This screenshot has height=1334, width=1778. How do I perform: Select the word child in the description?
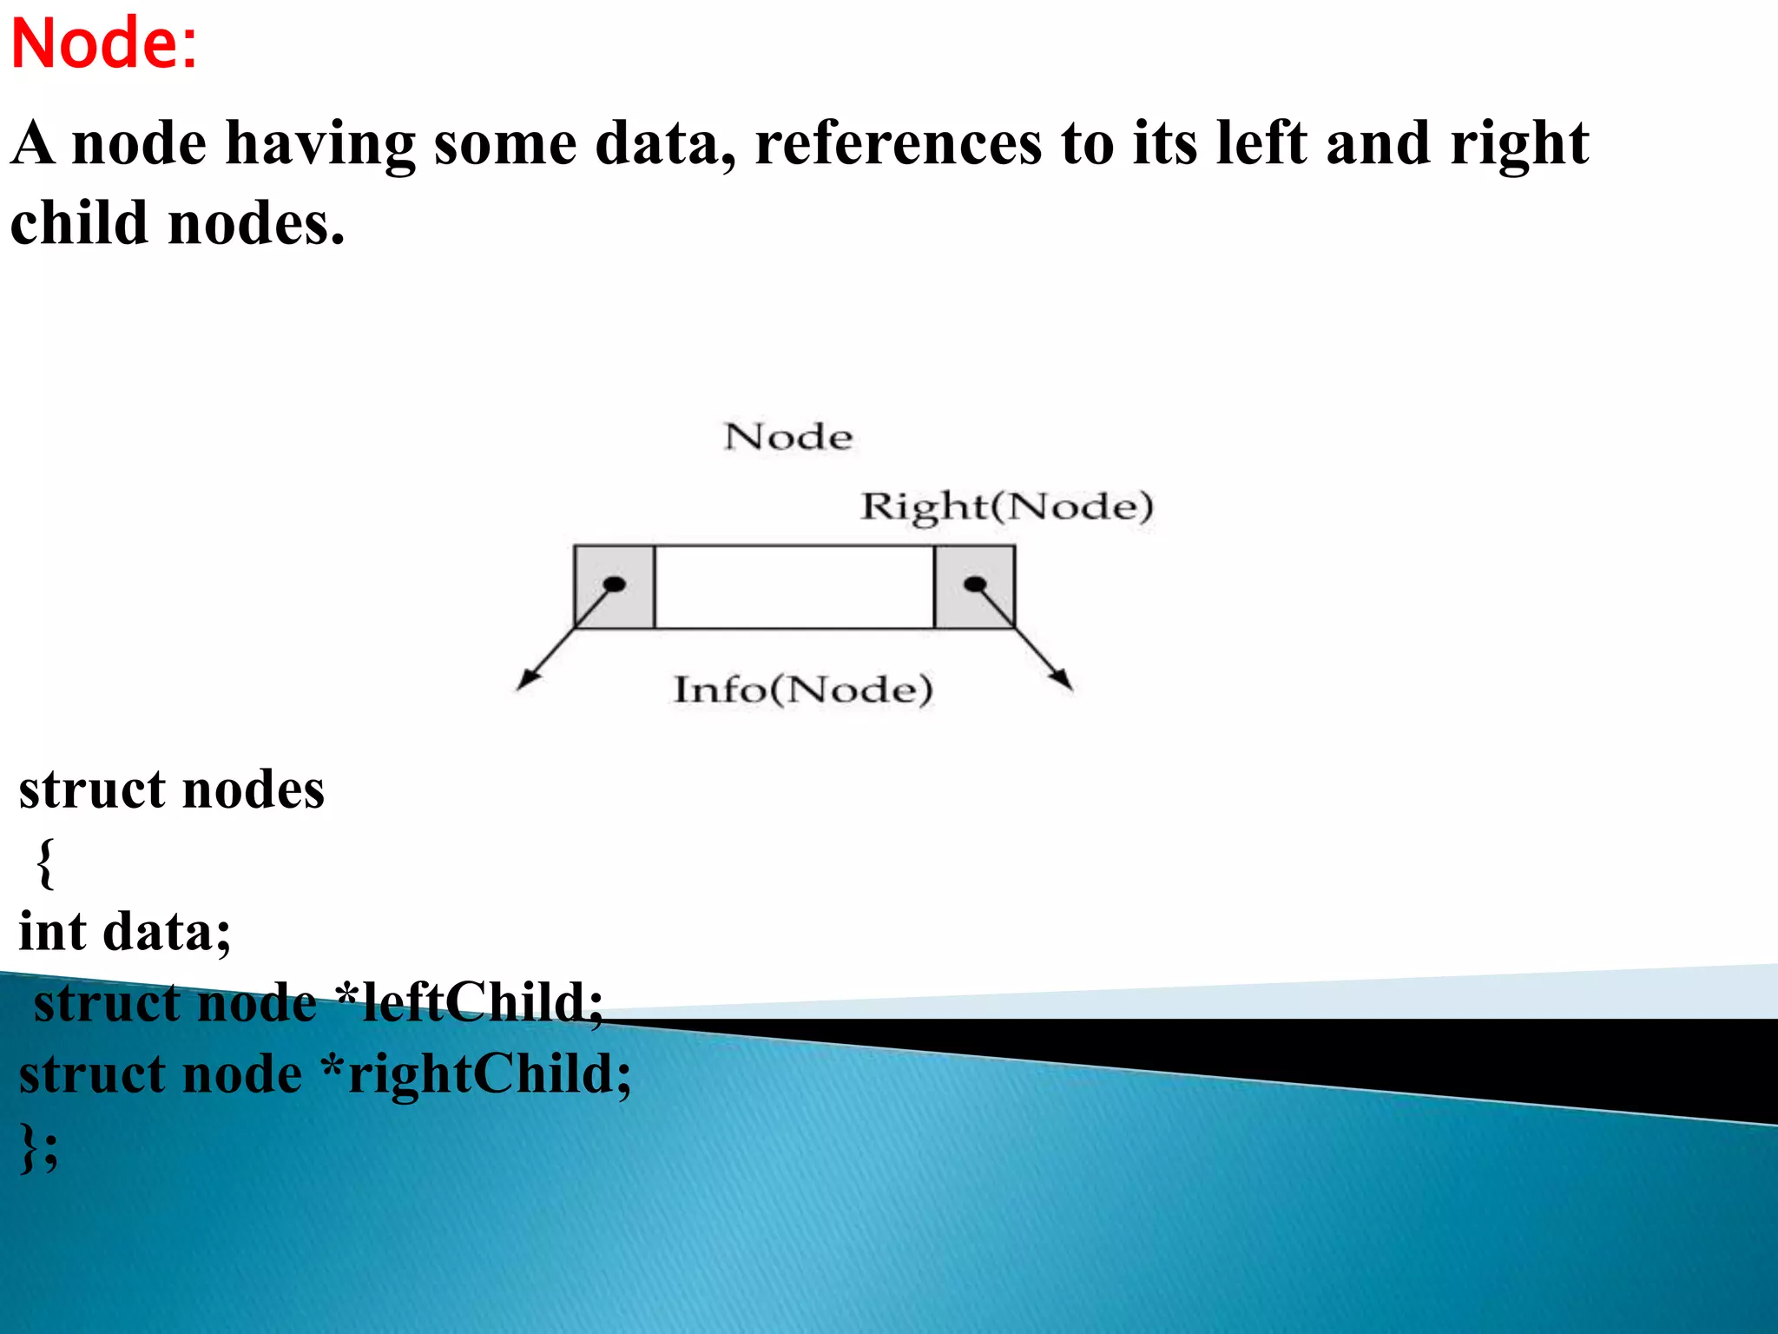(79, 223)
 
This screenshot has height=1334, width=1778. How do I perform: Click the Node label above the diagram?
(787, 437)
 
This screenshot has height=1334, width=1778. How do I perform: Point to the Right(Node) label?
(1006, 506)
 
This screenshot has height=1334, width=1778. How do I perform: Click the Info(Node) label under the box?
(803, 690)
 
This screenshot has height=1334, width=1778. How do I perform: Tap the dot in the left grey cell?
(615, 584)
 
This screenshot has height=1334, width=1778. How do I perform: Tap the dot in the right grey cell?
(975, 584)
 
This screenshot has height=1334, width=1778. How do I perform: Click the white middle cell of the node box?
(794, 587)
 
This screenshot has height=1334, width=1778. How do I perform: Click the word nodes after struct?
(254, 790)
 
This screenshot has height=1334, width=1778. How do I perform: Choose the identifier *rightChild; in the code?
(477, 1074)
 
